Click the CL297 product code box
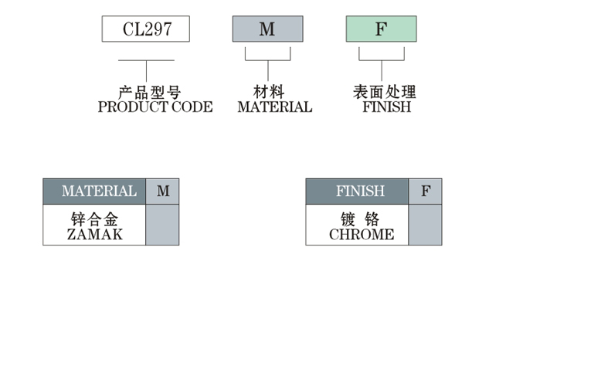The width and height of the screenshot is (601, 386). pos(146,29)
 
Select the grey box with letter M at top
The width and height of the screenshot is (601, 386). pos(267,29)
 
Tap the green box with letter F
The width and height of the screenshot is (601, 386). pos(381,29)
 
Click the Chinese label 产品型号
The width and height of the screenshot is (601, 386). pos(150,93)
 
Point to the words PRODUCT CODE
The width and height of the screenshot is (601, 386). pos(155,107)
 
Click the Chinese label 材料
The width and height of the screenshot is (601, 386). pos(269,93)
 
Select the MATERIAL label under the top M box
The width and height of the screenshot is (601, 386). pos(275,107)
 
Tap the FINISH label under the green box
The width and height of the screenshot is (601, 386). pos(387,107)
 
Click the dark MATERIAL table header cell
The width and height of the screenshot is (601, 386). pos(94,191)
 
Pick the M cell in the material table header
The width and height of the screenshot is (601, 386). pos(163,191)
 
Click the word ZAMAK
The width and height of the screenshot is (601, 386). pos(94,235)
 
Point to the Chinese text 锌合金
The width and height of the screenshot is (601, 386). pos(94,219)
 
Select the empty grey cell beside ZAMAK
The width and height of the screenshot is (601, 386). pos(162,225)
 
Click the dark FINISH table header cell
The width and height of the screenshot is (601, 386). pos(357,191)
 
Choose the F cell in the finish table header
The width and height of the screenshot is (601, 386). pos(426,191)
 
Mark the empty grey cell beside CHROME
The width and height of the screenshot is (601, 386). pos(426,225)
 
